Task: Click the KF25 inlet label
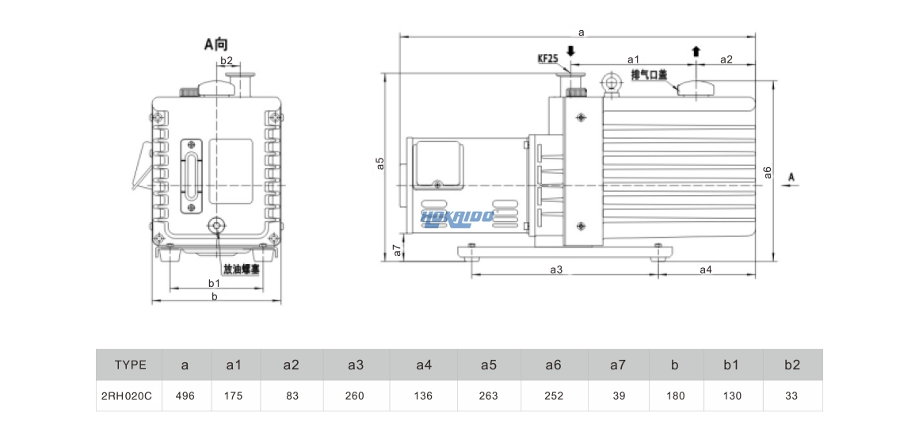point(548,59)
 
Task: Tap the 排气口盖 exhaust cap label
point(649,75)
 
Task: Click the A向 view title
point(215,44)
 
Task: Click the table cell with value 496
point(185,396)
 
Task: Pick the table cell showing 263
point(489,396)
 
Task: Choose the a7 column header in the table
point(618,365)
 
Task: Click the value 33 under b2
point(792,396)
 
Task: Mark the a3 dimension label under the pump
point(556,270)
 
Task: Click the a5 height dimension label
point(380,163)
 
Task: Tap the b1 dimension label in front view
point(214,283)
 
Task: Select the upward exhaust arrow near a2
point(696,52)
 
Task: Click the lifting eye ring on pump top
point(612,82)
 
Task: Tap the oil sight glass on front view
point(193,176)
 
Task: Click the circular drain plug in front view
point(215,227)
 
